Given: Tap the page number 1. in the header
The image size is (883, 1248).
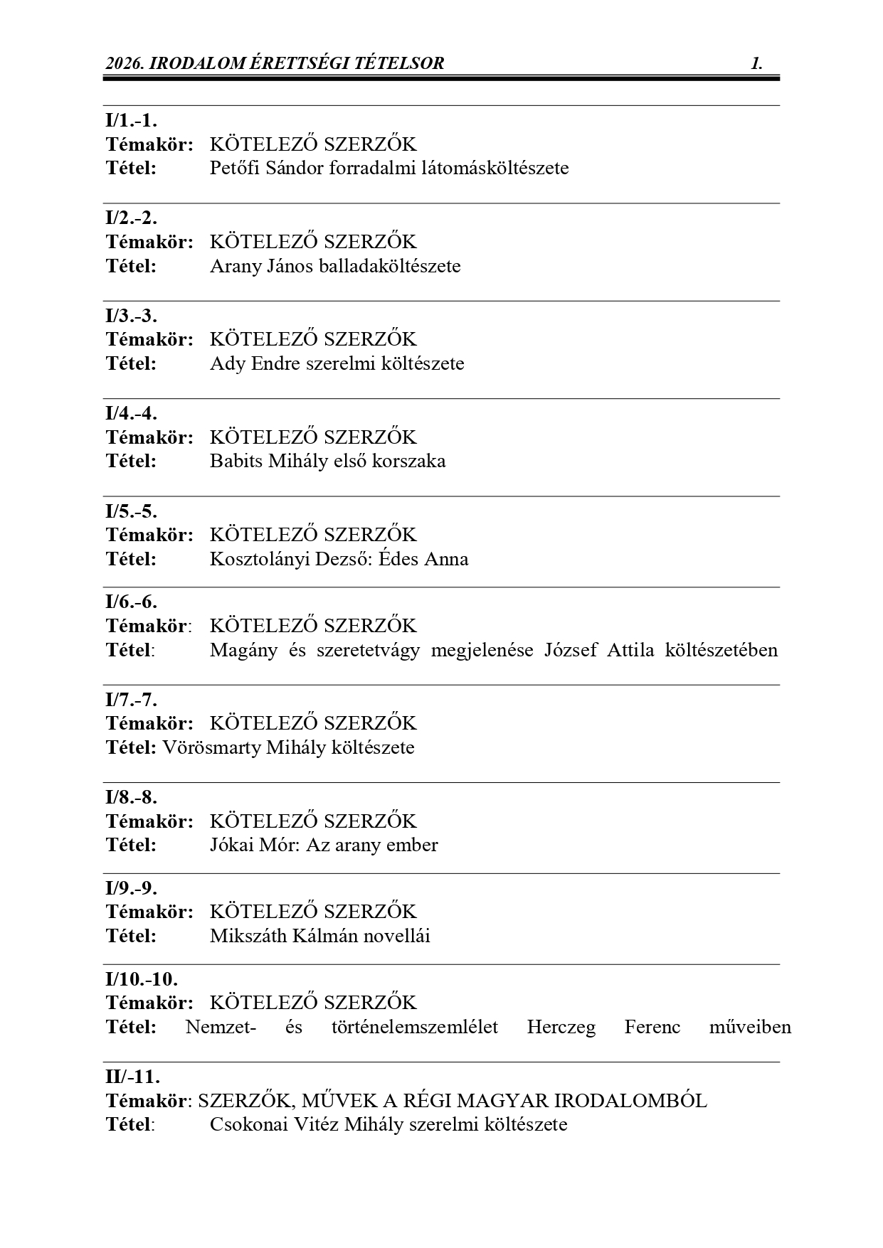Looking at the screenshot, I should pyautogui.click(x=756, y=63).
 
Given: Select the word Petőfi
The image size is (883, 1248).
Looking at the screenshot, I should pyautogui.click(x=232, y=169).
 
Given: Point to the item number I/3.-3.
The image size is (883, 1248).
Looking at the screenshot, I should pyautogui.click(x=132, y=315).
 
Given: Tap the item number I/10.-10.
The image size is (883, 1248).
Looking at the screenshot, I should pyautogui.click(x=142, y=979).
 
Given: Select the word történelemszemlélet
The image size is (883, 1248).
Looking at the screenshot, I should pyautogui.click(x=414, y=1028).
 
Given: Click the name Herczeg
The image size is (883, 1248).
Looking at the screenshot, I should pyautogui.click(x=561, y=1028).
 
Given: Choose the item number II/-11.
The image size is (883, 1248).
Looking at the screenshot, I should pyautogui.click(x=133, y=1077).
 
